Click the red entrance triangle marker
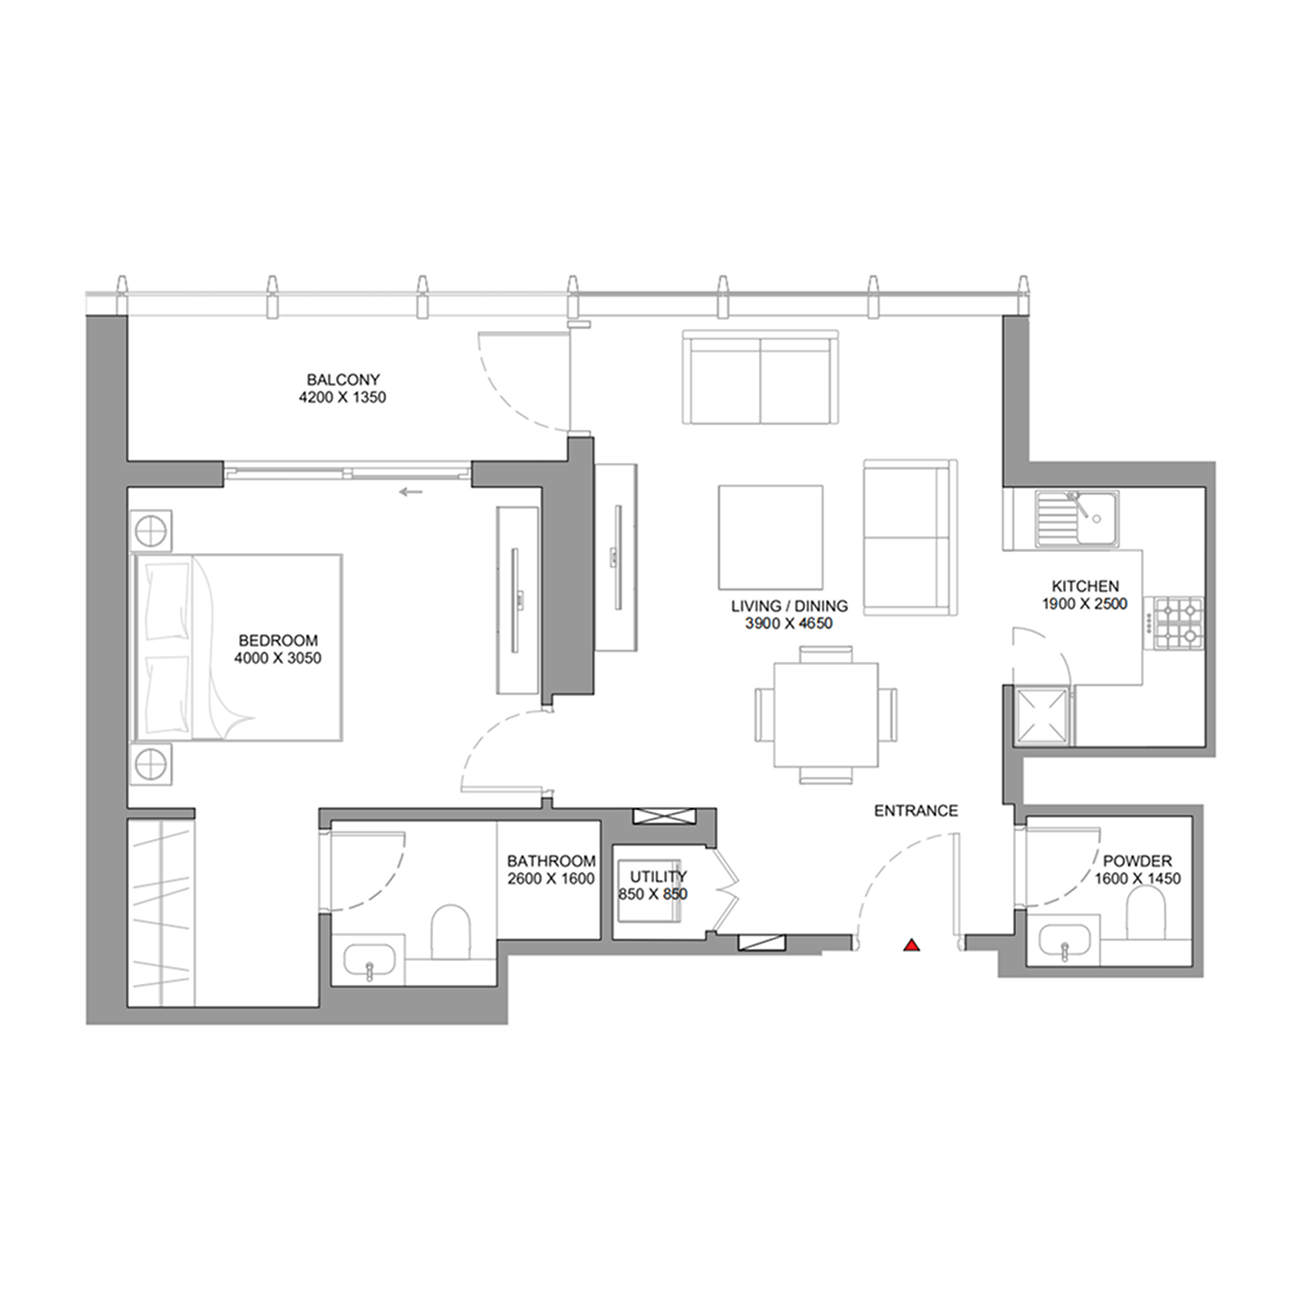911,946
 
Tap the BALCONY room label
343,379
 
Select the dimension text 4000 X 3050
278,658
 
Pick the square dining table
826,715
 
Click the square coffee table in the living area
770,537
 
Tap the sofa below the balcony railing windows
760,378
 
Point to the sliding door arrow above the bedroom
411,492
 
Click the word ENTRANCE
916,810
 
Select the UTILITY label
658,876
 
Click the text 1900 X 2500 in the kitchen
1084,604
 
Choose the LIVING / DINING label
789,606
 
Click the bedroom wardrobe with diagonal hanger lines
162,912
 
